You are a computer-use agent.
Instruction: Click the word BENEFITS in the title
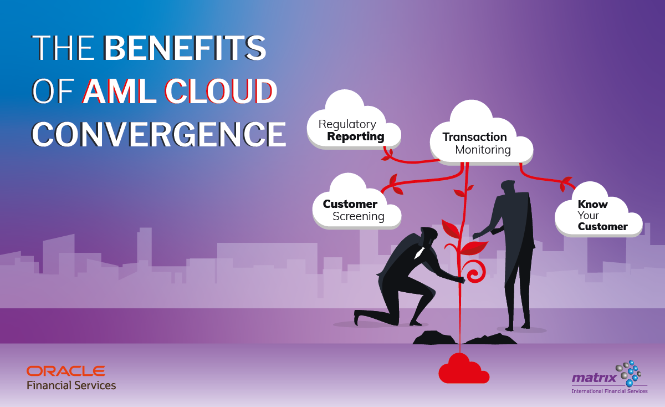coord(185,48)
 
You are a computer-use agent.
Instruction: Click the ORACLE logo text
coord(65,370)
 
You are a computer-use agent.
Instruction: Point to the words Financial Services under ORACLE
coord(71,385)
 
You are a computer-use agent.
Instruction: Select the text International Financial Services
coord(609,391)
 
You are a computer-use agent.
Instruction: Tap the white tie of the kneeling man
coord(420,252)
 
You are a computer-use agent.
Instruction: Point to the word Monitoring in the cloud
coord(483,150)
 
